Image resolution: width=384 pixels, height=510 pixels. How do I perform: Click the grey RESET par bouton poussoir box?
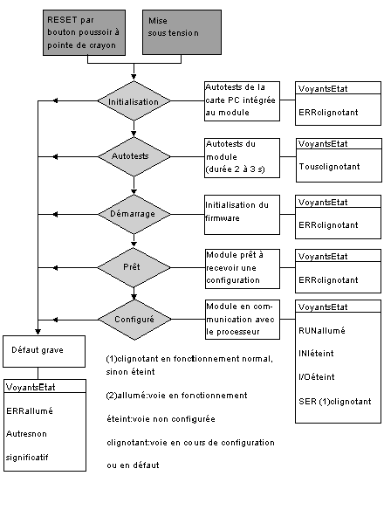(84, 32)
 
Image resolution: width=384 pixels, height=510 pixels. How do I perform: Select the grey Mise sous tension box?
(182, 32)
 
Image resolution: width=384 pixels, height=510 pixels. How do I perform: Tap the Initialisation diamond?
(134, 101)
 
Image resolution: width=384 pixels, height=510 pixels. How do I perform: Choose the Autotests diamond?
(134, 157)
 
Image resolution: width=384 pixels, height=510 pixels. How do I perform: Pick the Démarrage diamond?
(134, 214)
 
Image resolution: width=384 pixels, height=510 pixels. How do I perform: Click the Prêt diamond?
(134, 268)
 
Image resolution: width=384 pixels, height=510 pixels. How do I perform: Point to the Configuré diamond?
(134, 320)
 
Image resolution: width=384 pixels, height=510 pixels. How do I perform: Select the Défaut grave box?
(45, 351)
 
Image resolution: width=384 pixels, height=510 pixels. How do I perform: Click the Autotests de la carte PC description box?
(242, 101)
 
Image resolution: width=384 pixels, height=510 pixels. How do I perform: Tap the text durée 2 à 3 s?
(236, 169)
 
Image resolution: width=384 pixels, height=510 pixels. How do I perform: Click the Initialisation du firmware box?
(242, 215)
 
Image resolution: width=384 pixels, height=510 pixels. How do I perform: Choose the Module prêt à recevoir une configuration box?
(243, 269)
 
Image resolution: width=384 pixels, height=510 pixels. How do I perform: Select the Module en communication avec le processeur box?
(243, 320)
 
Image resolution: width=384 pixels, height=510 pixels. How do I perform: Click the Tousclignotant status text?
(329, 167)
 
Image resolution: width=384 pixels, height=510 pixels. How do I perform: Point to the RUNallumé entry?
(322, 330)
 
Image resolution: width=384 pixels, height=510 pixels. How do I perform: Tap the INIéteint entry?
(316, 353)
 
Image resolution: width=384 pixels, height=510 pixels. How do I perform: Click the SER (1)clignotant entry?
(335, 402)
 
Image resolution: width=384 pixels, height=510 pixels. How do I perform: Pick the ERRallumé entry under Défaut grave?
(30, 410)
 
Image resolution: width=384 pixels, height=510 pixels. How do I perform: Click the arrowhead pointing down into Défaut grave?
(38, 332)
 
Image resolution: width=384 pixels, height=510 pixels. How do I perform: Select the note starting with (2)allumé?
(176, 396)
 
